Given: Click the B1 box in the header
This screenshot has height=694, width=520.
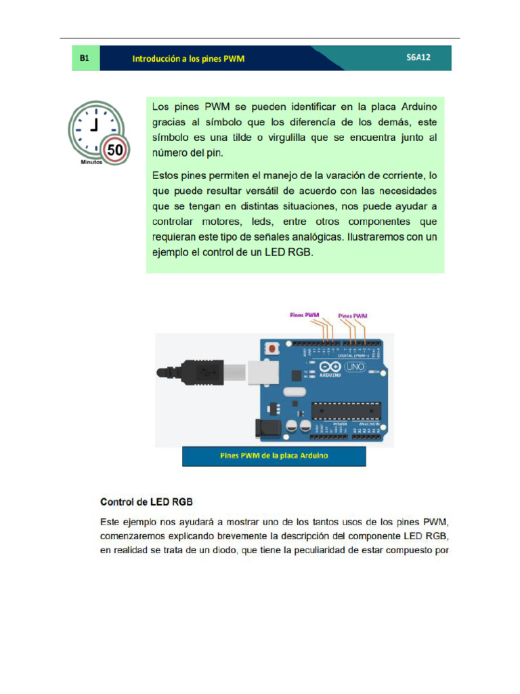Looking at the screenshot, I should pos(85,58).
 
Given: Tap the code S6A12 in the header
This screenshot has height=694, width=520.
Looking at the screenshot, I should pos(418,58).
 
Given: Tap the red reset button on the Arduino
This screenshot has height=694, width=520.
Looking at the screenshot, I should pos(272,349).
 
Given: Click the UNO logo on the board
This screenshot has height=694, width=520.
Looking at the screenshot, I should pos(355,367).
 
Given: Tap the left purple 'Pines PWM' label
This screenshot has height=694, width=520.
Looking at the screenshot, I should pos(304,314).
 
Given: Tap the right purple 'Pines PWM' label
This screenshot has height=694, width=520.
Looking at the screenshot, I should pos(353,315).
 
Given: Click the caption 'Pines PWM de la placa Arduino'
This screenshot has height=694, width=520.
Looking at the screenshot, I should pos(274,455).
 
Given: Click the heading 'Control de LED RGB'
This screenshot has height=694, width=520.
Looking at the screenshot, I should pos(146,502).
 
